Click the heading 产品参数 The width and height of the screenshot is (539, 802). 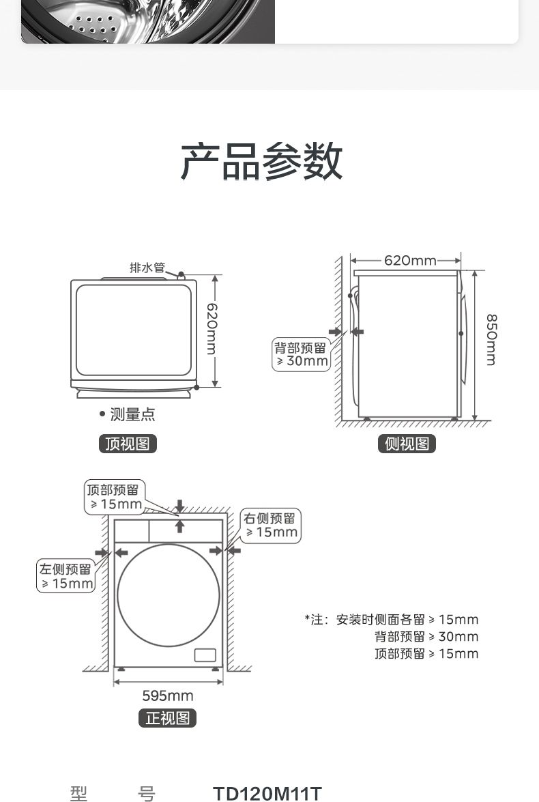click(x=261, y=161)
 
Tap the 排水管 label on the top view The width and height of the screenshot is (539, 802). click(x=147, y=268)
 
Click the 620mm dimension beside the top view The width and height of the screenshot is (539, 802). click(x=212, y=329)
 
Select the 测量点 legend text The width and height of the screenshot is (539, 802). click(x=132, y=414)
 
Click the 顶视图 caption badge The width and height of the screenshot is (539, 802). click(x=128, y=444)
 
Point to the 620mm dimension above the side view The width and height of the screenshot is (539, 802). click(x=410, y=260)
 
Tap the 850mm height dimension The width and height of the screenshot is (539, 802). click(x=491, y=340)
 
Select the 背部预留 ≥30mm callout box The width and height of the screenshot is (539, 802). click(x=301, y=354)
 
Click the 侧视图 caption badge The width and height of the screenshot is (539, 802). click(x=407, y=444)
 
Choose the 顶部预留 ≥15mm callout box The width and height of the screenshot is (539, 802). click(x=115, y=497)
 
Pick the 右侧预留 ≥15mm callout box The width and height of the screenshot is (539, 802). click(x=270, y=526)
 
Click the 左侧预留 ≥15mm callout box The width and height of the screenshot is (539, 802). click(x=66, y=577)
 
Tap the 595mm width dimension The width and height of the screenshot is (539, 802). click(x=168, y=696)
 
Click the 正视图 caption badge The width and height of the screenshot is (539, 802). click(x=167, y=718)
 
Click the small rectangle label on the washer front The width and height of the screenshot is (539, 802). click(x=205, y=655)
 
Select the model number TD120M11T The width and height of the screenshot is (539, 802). click(x=267, y=793)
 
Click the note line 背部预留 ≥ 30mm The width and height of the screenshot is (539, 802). click(x=426, y=637)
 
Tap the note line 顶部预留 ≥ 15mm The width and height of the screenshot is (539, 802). click(x=426, y=654)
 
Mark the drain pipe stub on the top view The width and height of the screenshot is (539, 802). click(x=181, y=275)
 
